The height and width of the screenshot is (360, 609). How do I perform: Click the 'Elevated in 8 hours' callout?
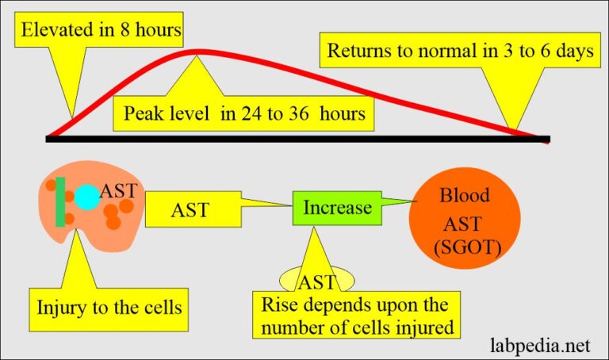click(101, 33)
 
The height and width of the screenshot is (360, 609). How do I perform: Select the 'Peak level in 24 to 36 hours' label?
click(244, 113)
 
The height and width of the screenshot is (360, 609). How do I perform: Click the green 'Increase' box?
click(336, 208)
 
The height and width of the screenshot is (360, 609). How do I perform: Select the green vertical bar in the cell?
click(60, 202)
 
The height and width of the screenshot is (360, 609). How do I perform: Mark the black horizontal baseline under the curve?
click(297, 139)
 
